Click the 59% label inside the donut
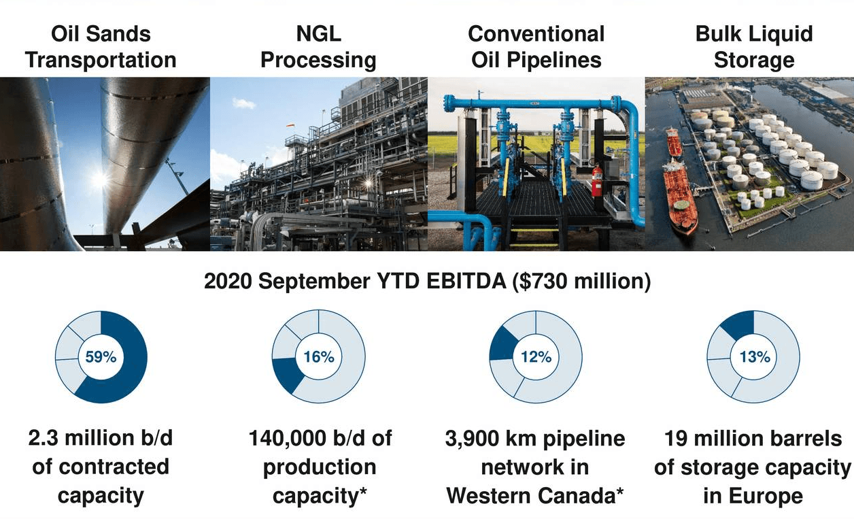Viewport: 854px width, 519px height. tap(101, 356)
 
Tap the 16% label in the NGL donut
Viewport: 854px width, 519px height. tap(318, 356)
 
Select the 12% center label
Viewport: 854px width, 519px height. tap(536, 356)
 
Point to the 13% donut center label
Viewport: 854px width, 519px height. tap(753, 356)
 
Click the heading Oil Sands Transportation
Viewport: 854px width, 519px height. tap(101, 46)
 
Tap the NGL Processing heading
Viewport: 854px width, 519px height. tap(318, 46)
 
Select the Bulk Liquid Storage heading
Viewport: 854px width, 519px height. tap(753, 46)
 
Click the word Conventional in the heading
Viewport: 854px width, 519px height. tap(536, 34)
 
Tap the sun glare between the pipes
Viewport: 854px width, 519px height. tap(99, 179)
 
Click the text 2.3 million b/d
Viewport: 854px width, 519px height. tap(101, 438)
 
